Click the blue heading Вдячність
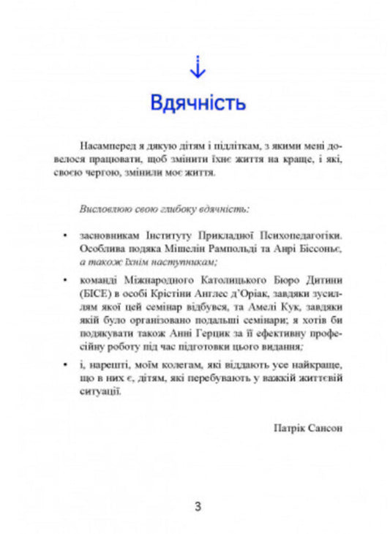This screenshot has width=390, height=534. tap(197, 102)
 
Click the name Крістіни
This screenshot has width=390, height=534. tap(173, 295)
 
